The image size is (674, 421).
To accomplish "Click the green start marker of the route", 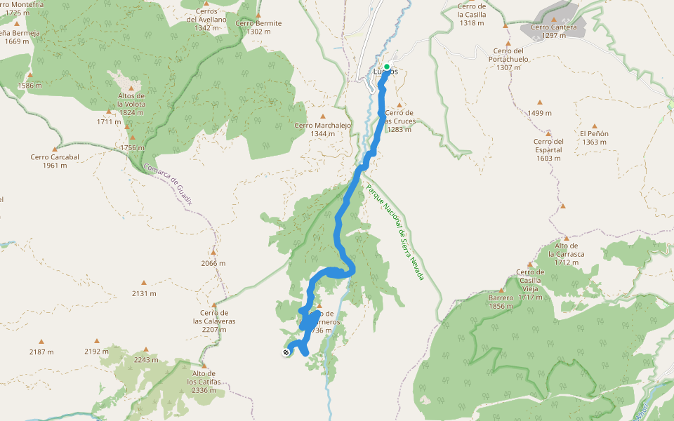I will pos(386,67).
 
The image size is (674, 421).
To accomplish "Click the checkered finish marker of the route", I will pos(286,352).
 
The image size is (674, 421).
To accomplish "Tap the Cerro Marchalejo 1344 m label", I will pos(323,130).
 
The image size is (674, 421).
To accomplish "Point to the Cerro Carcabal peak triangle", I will pos(54,149).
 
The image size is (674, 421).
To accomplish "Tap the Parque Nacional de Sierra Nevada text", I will pos(395,232).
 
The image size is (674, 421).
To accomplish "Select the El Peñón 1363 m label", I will pos(594,138).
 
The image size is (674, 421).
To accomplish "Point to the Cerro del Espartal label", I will pos(548,149).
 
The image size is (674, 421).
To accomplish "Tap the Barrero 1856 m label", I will pos(501,302).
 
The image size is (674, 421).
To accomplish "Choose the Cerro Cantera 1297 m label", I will pos(554,31).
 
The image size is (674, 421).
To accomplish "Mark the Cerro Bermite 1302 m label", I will pos(258,27).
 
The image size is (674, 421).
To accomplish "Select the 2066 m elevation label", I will pos(213,264).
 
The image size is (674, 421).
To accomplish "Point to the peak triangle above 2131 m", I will pos(144,282).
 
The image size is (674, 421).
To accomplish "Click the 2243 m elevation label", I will pos(146,360).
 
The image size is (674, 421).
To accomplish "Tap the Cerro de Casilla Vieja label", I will pos(530,284).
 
